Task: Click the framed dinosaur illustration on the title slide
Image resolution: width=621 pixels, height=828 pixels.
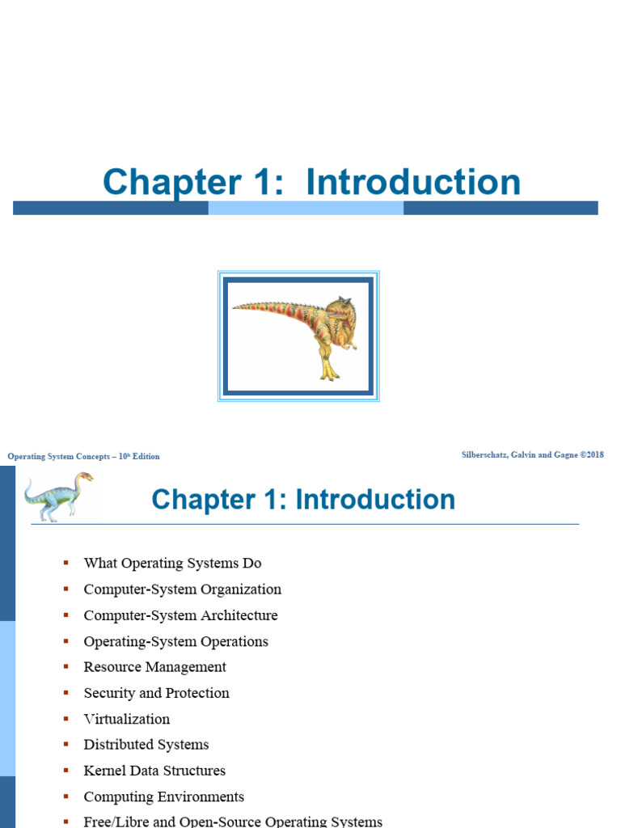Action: click(298, 336)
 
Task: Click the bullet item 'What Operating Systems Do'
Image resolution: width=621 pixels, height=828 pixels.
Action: click(172, 564)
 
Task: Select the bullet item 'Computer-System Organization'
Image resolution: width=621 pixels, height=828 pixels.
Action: click(183, 589)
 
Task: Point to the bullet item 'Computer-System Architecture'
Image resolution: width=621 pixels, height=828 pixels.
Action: click(180, 615)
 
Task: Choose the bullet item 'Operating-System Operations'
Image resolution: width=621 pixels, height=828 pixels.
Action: click(175, 641)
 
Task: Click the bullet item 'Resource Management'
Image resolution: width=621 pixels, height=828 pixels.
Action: click(154, 667)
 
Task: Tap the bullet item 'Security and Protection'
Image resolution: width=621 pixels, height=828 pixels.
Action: click(156, 693)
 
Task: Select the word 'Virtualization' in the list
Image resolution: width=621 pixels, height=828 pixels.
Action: click(127, 719)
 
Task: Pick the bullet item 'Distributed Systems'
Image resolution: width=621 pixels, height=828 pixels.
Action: click(146, 745)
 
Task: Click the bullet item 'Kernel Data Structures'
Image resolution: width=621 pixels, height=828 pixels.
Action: click(154, 771)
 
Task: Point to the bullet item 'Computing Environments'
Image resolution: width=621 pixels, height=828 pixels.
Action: click(163, 796)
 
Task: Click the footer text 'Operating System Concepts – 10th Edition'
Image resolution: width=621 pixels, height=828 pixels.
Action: click(83, 456)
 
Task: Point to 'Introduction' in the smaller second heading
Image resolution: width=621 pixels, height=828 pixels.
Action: click(375, 499)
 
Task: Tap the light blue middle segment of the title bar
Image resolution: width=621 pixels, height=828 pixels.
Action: click(306, 208)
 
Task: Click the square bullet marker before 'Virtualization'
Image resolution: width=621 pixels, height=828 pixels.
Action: click(66, 719)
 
